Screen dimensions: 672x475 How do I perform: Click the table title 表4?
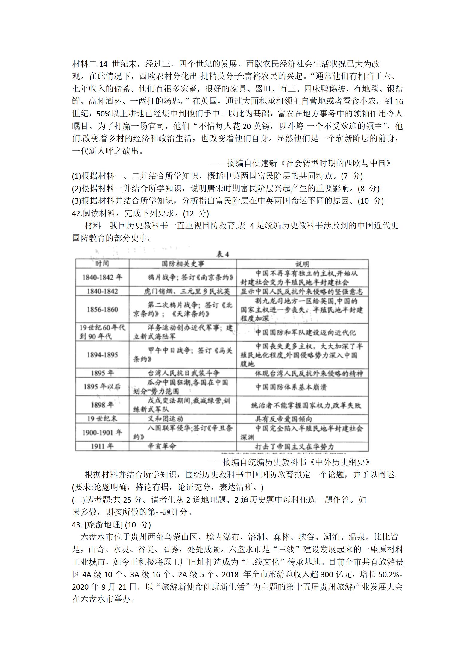pyautogui.click(x=223, y=254)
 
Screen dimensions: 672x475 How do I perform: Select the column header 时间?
pyautogui.click(x=102, y=264)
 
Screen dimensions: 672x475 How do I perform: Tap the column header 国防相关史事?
pyautogui.click(x=183, y=264)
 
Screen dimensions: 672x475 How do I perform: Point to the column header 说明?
pyautogui.click(x=302, y=264)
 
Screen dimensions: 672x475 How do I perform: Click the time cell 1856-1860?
pyautogui.click(x=102, y=310)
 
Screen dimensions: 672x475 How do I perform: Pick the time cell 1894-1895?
pyautogui.click(x=102, y=355)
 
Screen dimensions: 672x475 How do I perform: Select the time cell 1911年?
pyautogui.click(x=102, y=446)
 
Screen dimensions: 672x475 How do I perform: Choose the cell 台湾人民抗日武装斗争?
pyautogui.click(x=184, y=373)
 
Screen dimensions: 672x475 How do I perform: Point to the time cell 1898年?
pyautogui.click(x=102, y=405)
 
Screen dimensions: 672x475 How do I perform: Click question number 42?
pyautogui.click(x=77, y=213)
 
